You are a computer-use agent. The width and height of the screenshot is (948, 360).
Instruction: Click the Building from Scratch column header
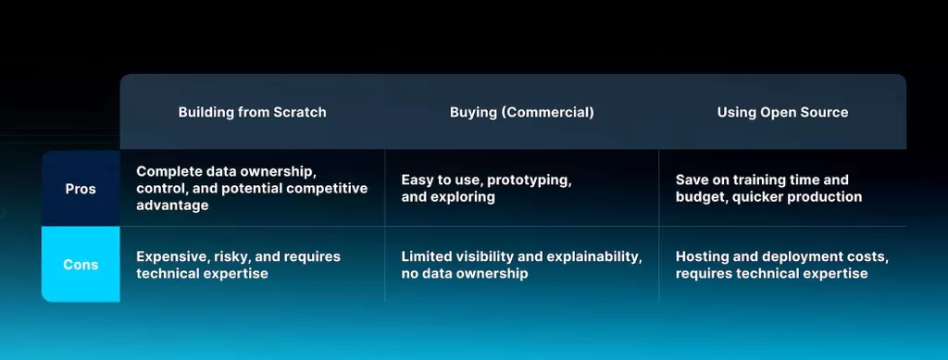click(x=252, y=112)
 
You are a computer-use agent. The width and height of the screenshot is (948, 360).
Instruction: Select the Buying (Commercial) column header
click(x=522, y=112)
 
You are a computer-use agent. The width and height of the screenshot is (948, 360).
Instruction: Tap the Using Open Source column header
click(x=782, y=112)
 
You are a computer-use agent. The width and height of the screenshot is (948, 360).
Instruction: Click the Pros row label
click(x=81, y=189)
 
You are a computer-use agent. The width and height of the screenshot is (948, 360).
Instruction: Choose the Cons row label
click(x=81, y=265)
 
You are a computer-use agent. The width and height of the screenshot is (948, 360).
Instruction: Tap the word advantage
click(x=172, y=205)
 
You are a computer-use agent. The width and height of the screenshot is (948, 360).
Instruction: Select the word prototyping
click(x=529, y=180)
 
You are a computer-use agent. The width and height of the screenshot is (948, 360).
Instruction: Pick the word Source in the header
click(x=825, y=112)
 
